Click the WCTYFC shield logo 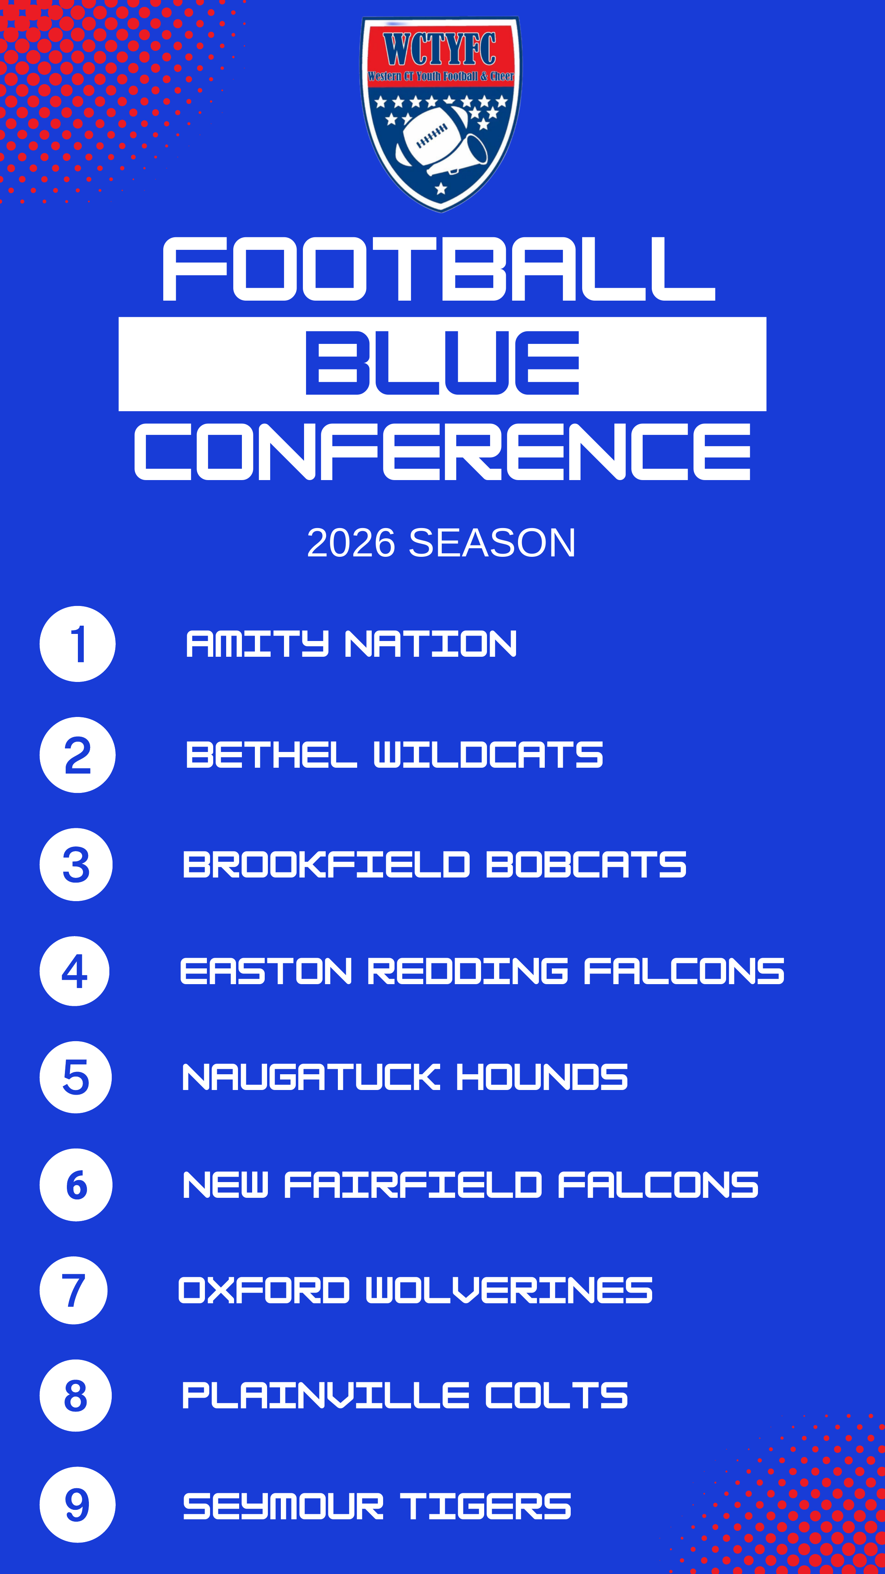pyautogui.click(x=441, y=114)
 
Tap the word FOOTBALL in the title pyautogui.click(x=439, y=270)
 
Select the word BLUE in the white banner pyautogui.click(x=442, y=363)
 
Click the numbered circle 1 pyautogui.click(x=77, y=644)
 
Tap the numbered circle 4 pyautogui.click(x=74, y=971)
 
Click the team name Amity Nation pyautogui.click(x=351, y=644)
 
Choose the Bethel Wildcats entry pyautogui.click(x=395, y=755)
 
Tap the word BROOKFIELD pyautogui.click(x=326, y=865)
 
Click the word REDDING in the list pyautogui.click(x=468, y=971)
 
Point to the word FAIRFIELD pyautogui.click(x=413, y=1185)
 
